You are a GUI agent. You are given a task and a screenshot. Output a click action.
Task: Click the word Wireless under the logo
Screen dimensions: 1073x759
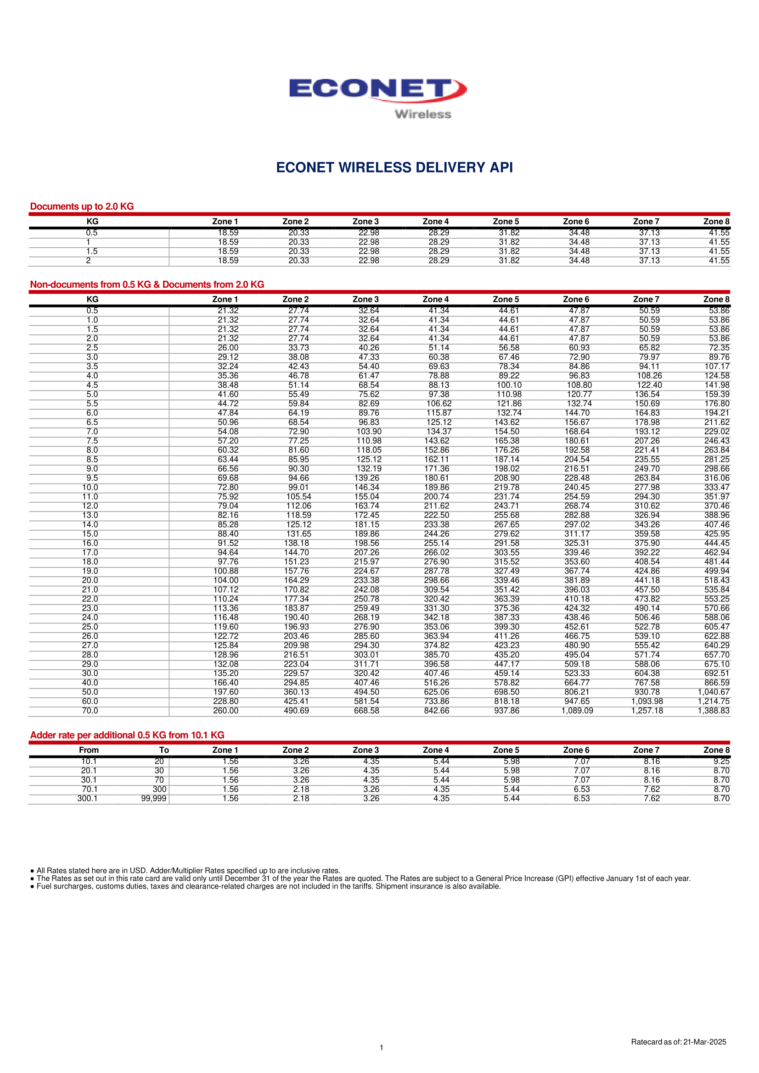click(423, 115)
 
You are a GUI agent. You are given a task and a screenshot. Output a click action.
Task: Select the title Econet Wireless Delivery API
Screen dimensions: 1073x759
click(394, 167)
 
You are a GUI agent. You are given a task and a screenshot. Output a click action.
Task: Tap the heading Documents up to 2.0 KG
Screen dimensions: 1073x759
click(82, 206)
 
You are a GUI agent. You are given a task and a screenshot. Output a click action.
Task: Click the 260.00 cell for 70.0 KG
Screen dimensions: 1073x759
click(226, 711)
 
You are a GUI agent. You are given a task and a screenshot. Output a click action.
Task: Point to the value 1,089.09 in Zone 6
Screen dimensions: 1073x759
click(577, 711)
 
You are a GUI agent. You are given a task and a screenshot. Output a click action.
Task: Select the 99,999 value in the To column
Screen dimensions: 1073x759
click(153, 799)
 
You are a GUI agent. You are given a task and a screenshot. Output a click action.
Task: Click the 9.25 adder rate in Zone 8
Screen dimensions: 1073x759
click(722, 762)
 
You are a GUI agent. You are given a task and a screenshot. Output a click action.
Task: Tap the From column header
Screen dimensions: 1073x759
click(89, 750)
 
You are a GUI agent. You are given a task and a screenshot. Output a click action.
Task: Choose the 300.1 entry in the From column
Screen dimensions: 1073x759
click(87, 799)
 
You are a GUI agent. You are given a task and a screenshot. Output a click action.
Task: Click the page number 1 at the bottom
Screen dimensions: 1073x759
click(382, 1047)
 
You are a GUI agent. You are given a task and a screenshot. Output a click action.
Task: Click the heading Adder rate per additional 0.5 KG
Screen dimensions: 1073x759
click(127, 735)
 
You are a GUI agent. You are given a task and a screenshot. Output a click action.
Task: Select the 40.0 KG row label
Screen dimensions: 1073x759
click(90, 683)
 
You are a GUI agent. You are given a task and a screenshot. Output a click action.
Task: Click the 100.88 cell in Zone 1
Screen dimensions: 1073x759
click(226, 571)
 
